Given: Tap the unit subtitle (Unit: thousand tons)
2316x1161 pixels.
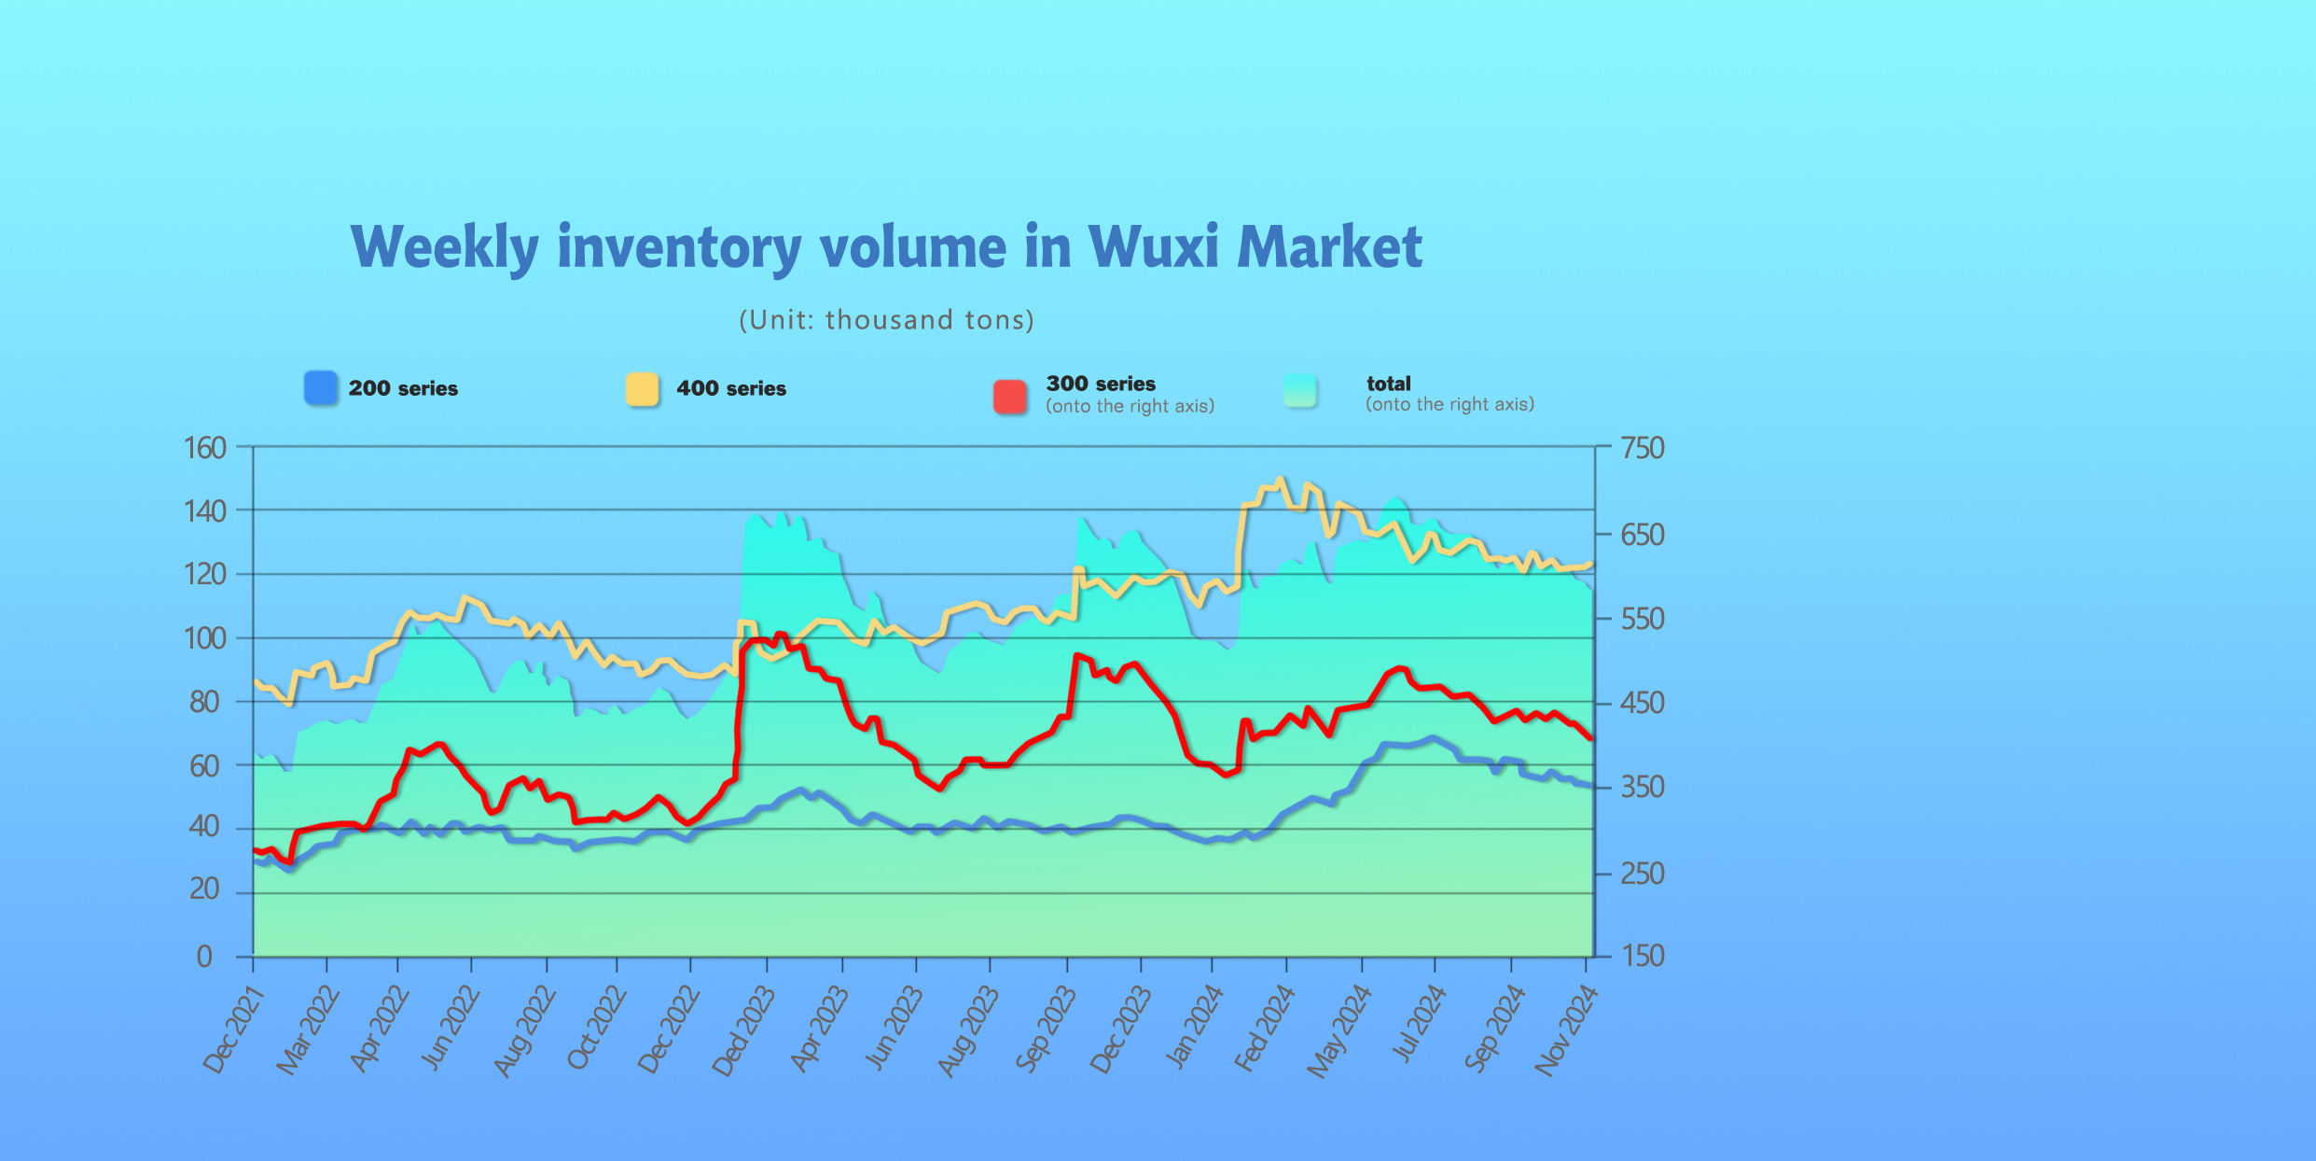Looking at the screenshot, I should click(886, 320).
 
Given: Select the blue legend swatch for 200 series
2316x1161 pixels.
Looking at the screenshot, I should click(321, 388).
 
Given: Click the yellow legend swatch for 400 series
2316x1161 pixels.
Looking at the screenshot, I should click(643, 389).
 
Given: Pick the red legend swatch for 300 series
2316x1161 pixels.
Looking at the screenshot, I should click(1010, 396).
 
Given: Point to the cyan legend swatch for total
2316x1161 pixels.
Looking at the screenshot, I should click(1300, 391).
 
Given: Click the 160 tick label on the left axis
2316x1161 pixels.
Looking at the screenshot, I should click(205, 448).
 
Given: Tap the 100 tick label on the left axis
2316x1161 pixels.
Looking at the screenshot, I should click(205, 638).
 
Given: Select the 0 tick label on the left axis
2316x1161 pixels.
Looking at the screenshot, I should click(204, 957).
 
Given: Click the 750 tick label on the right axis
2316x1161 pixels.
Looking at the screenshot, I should click(1643, 448).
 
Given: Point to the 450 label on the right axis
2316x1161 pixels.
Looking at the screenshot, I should click(1643, 703).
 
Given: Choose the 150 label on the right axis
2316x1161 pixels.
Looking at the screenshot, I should click(1643, 956).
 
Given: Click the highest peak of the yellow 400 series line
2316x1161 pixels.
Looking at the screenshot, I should click(1280, 480).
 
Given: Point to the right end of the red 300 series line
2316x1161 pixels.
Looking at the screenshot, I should click(1590, 738).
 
